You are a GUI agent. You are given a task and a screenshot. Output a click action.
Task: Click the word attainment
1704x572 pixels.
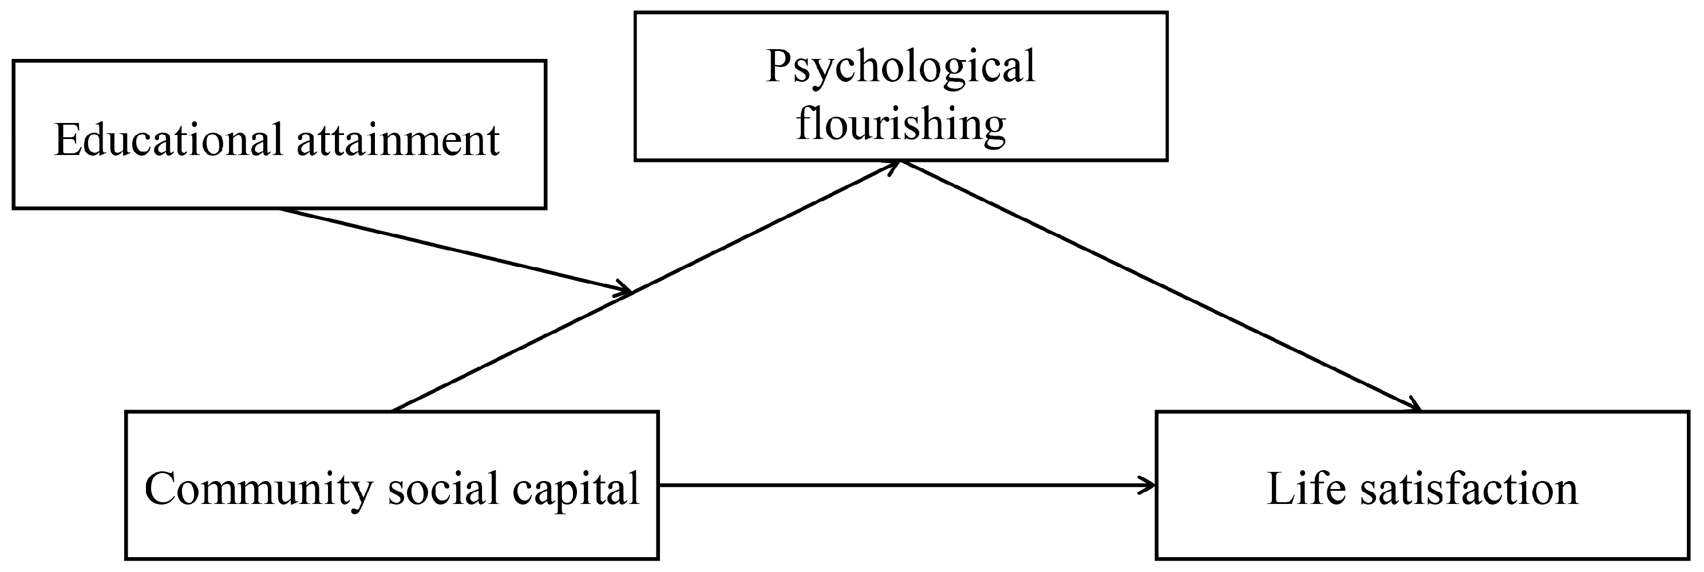point(398,140)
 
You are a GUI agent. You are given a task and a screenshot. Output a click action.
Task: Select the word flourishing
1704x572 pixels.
point(900,124)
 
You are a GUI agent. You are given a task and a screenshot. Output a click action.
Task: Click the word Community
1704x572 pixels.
point(258,489)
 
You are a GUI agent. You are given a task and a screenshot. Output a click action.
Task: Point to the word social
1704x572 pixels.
point(442,489)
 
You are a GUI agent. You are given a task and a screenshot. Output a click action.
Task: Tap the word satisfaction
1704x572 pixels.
point(1469,489)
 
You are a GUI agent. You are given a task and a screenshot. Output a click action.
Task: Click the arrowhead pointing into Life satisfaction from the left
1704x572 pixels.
point(1150,486)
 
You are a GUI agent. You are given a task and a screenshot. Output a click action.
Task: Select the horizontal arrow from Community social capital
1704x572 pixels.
point(906,486)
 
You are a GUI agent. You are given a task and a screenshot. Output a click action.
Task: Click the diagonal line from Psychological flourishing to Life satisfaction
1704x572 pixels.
point(1157,284)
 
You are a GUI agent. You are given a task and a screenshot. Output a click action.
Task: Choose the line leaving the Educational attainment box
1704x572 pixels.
point(450,249)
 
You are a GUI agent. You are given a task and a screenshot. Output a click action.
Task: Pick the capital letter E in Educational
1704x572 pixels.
point(67,140)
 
